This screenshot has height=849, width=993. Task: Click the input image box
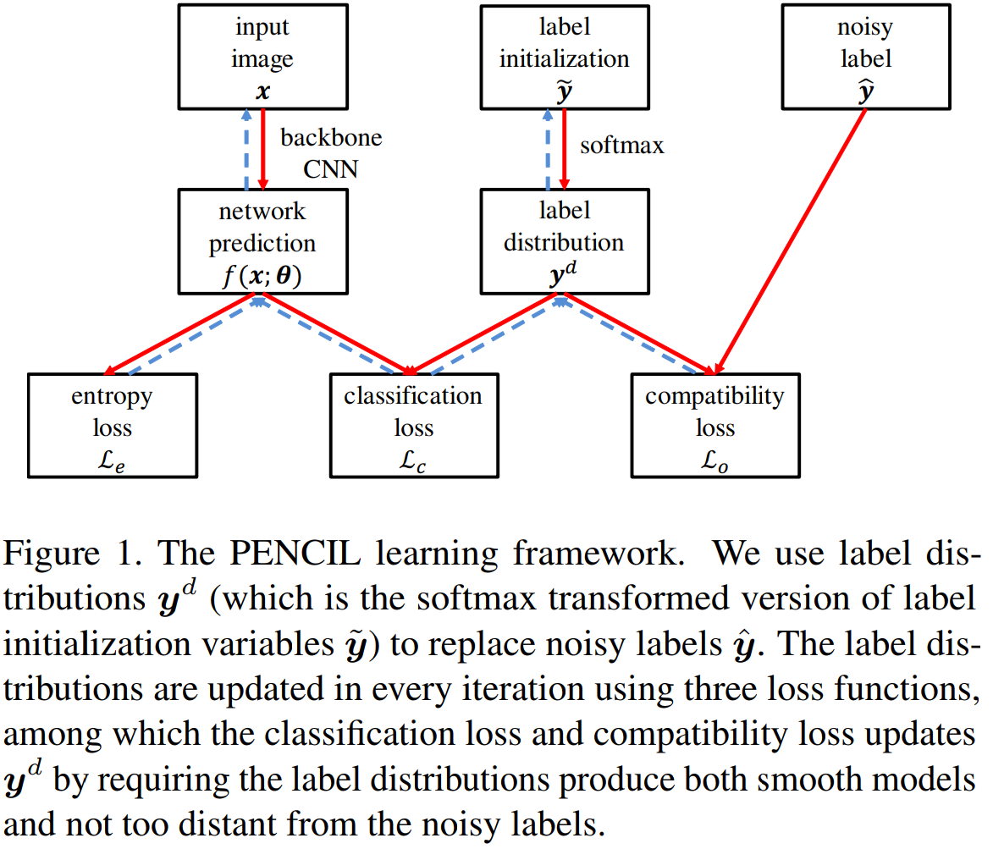(x=262, y=56)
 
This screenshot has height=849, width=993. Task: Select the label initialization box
(x=564, y=56)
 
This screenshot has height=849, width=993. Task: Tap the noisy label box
(x=865, y=56)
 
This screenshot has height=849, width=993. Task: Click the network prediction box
(x=262, y=240)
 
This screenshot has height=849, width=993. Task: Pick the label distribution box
(x=564, y=240)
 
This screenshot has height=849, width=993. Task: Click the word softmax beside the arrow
(x=621, y=146)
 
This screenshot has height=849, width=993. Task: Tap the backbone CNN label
(x=331, y=152)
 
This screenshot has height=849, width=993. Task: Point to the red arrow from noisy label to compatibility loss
(x=792, y=241)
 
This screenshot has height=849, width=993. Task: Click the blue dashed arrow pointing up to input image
(x=246, y=148)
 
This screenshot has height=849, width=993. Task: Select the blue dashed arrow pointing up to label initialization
(x=548, y=148)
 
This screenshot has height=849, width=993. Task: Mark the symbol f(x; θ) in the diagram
(x=262, y=275)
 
